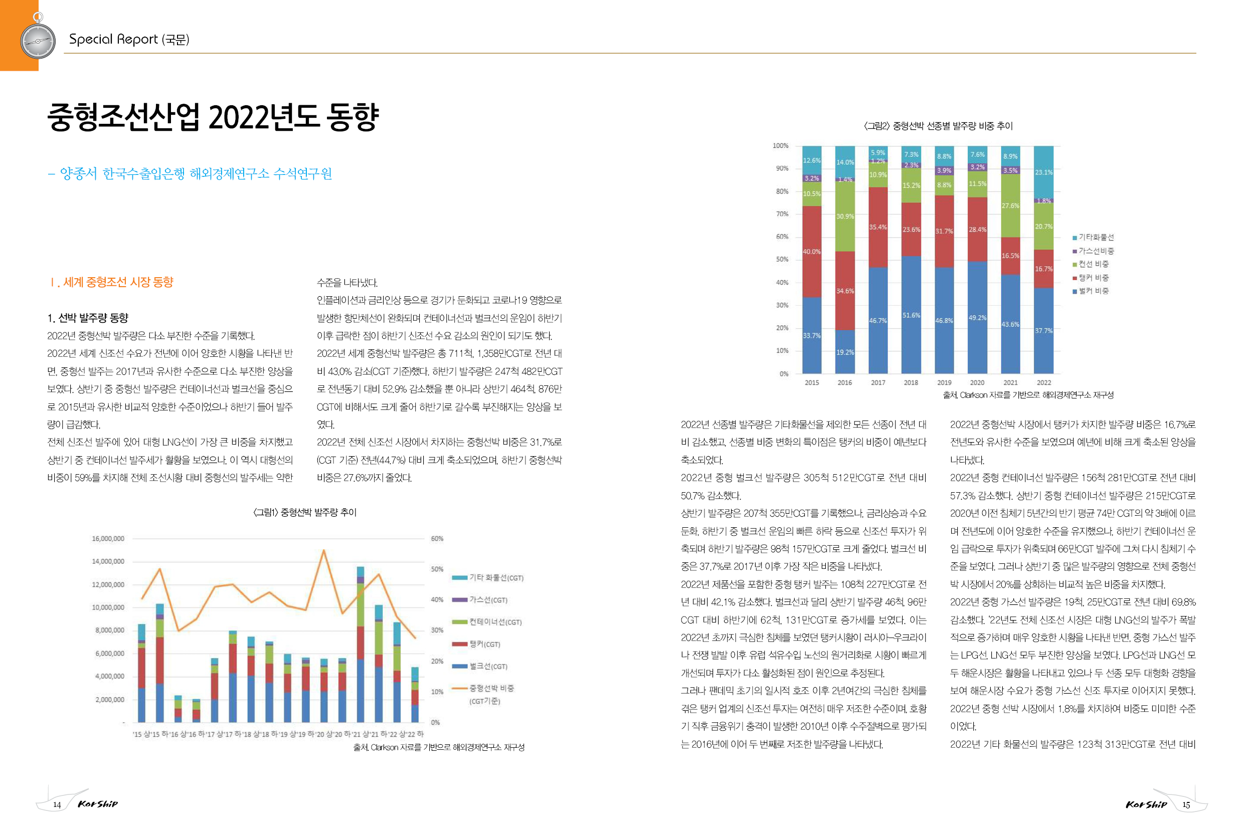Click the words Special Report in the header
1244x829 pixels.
point(113,39)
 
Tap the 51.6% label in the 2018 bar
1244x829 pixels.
point(911,315)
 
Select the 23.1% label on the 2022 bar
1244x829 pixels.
point(1043,172)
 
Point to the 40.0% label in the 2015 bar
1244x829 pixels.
point(811,252)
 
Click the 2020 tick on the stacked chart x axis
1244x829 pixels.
point(977,383)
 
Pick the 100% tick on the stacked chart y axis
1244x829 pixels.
point(780,146)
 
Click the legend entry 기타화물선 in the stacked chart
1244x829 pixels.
point(1093,238)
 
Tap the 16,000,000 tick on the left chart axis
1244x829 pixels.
point(108,539)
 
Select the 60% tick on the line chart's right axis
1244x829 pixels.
point(437,539)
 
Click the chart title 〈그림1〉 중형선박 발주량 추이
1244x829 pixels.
point(305,512)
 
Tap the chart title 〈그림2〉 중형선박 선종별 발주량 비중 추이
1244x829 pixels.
point(938,126)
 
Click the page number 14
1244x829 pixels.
point(57,804)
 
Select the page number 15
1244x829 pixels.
point(1186,804)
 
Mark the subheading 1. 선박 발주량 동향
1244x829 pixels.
point(88,318)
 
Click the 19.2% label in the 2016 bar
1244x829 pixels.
point(845,352)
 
